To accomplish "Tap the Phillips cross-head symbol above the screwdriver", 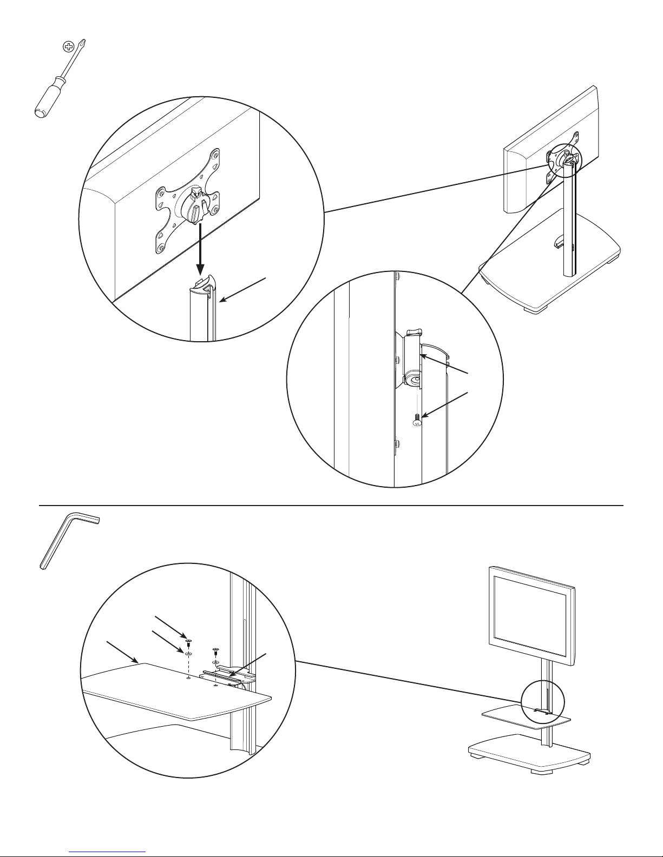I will point(68,47).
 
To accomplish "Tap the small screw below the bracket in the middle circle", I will point(416,420).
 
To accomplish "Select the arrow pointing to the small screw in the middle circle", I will point(444,403).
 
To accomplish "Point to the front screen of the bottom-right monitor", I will point(531,610).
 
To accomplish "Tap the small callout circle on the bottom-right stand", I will point(543,705).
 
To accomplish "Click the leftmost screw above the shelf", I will point(187,642).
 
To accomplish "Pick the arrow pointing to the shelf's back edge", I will point(122,651).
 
